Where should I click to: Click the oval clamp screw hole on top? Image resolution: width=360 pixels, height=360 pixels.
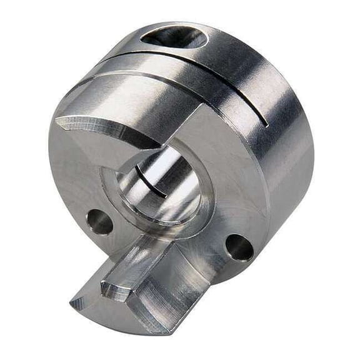click(174, 37)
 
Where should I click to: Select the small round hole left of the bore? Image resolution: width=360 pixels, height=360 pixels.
click(99, 221)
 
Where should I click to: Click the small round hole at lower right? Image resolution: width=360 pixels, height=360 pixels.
click(239, 247)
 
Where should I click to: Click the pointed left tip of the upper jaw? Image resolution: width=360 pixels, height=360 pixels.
click(58, 119)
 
